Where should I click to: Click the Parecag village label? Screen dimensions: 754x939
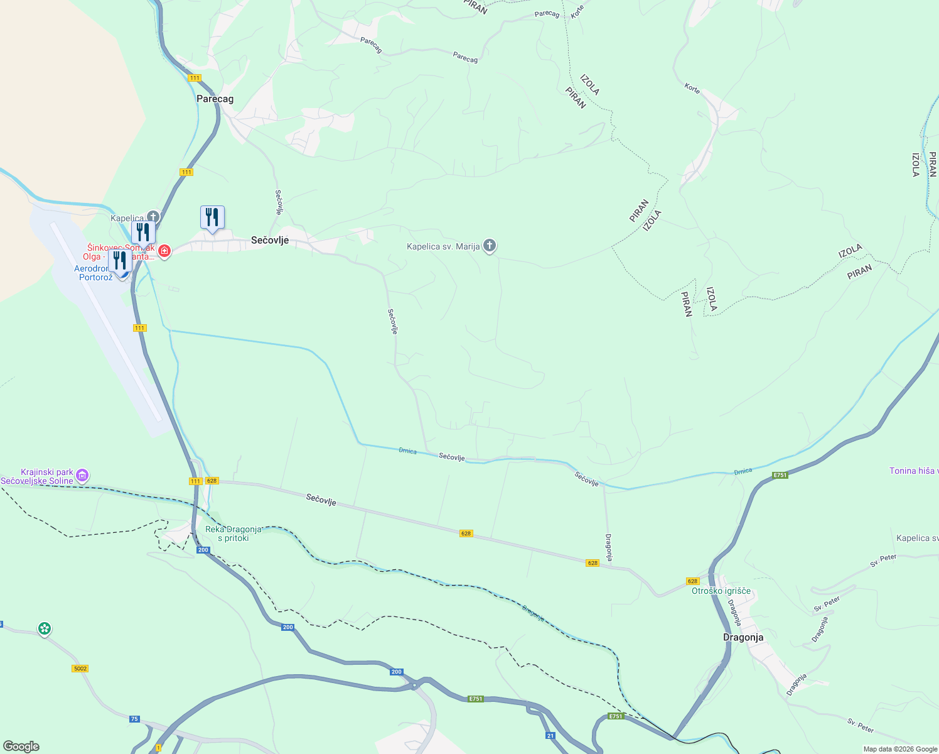[215, 99]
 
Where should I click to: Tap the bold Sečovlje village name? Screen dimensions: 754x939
[269, 240]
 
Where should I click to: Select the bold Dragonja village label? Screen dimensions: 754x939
[743, 637]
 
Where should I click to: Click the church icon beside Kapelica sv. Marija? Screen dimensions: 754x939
[490, 246]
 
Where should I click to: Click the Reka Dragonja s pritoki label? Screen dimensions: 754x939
[233, 533]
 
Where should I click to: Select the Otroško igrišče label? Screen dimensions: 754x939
[721, 591]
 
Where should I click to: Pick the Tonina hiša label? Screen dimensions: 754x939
[913, 471]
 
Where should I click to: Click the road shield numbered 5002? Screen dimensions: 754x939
[80, 669]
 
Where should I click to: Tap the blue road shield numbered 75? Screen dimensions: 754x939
[134, 719]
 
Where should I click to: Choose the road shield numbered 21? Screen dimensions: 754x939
[550, 736]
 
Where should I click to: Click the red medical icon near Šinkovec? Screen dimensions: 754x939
[164, 251]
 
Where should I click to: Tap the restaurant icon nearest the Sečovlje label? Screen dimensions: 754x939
[212, 217]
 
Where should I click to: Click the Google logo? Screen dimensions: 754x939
[21, 746]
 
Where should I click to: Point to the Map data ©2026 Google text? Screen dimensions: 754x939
[899, 749]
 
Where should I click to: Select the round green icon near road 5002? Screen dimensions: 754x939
[44, 628]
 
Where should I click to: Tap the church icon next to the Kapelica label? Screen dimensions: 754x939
[153, 217]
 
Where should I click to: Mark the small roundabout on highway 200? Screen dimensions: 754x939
[415, 685]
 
